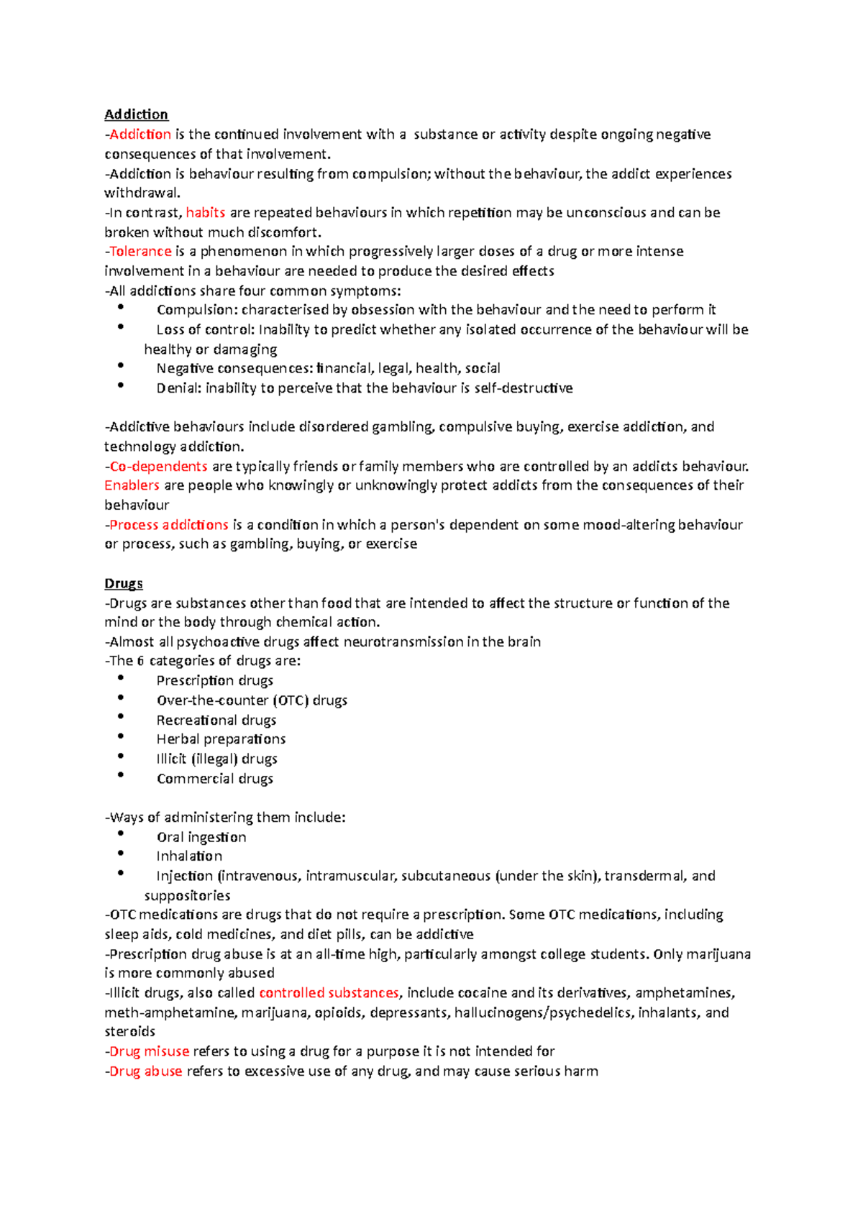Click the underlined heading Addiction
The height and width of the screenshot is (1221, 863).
136,114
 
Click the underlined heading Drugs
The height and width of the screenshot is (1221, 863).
123,583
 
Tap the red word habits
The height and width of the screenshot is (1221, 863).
206,213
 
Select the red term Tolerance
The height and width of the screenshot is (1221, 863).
140,252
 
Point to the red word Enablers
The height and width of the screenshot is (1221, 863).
132,485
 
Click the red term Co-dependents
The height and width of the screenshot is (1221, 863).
158,466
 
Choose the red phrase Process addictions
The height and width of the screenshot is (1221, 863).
168,525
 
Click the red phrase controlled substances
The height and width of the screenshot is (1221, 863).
329,993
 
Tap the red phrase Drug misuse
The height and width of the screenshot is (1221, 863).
149,1051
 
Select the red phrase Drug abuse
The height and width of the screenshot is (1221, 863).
145,1071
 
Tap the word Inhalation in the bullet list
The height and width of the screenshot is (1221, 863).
189,856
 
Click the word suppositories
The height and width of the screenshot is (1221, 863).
187,896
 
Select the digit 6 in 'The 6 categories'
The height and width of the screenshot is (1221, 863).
140,662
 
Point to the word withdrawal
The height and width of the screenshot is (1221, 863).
142,193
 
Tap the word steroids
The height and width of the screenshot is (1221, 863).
129,1032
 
